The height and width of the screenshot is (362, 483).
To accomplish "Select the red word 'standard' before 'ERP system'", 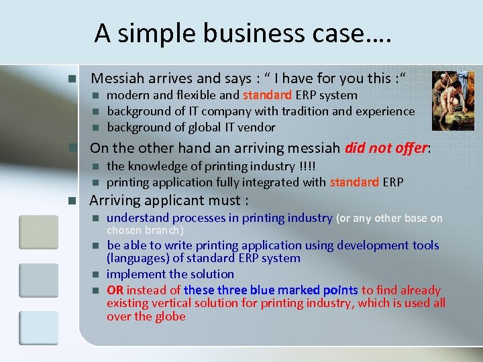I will point(267,95).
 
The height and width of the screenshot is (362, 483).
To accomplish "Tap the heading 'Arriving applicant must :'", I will point(170,200).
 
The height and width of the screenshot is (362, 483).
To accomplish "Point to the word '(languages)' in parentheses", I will point(138,258).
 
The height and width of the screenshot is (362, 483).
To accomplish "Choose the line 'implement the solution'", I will point(170,274).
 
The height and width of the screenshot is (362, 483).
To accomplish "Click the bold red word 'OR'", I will point(115,290).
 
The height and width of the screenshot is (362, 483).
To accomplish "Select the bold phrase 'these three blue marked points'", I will point(271,290).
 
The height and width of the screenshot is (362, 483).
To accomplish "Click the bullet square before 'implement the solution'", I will point(95,274).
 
